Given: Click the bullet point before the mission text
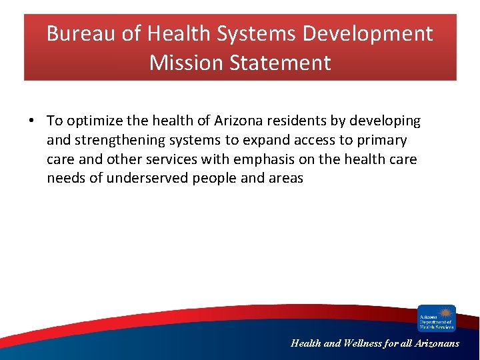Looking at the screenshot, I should click(x=31, y=121).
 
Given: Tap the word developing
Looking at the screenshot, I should click(x=387, y=121).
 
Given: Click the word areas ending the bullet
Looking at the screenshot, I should click(x=284, y=178).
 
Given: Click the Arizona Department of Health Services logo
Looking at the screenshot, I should click(x=436, y=318).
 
